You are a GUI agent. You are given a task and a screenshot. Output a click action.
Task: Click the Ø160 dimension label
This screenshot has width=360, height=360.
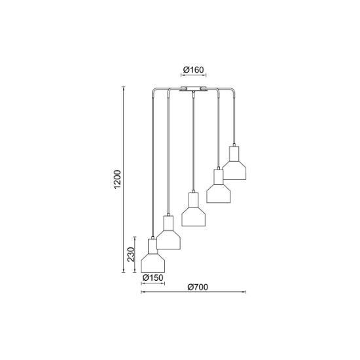(193, 69)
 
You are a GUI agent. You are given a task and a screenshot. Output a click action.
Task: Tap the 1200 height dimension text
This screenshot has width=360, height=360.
(117, 179)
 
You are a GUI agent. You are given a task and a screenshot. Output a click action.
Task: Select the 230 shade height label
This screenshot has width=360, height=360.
(131, 255)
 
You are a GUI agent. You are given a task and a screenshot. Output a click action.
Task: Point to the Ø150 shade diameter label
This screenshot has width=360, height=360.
(153, 278)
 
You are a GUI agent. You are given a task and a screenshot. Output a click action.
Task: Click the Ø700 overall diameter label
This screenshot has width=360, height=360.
(198, 287)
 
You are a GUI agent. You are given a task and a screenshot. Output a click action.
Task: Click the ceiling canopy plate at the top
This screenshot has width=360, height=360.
(193, 89)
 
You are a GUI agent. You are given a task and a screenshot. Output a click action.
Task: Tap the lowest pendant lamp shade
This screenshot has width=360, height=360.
(153, 255)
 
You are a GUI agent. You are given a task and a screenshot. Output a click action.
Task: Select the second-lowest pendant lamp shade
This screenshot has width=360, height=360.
(168, 232)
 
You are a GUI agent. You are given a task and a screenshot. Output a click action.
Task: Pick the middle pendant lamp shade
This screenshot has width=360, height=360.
(193, 209)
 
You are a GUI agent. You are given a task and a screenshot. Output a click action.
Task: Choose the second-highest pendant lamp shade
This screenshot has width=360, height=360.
(219, 186)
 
